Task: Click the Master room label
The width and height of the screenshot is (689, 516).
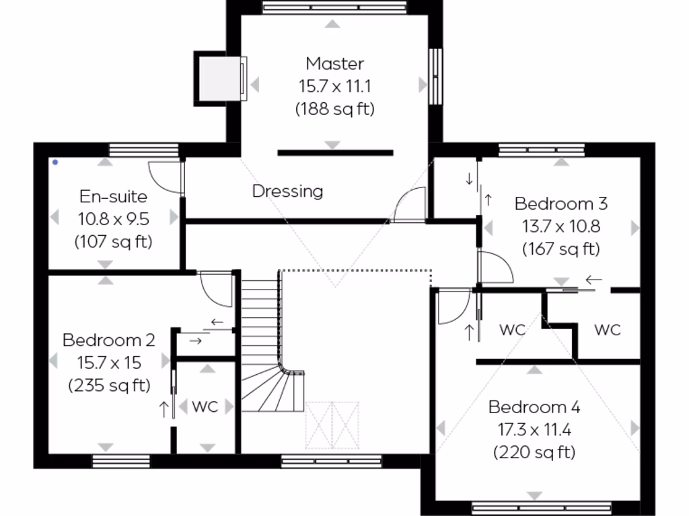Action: [334, 64]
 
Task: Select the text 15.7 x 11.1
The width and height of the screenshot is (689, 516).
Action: [334, 86]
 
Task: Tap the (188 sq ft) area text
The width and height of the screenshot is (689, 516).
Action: [334, 109]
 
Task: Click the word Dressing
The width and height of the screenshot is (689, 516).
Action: [287, 191]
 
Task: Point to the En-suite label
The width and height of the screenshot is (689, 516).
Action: [113, 197]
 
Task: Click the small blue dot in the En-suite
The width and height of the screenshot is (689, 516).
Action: [55, 162]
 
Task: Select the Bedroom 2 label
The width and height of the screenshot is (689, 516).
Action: [108, 340]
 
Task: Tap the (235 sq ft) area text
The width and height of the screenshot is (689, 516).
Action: [108, 386]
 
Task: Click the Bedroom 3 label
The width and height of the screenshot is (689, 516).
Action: [560, 204]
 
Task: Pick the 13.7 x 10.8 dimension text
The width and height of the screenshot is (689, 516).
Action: [560, 226]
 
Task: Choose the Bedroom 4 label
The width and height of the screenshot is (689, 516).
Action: [534, 407]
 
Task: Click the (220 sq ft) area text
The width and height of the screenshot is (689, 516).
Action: [534, 452]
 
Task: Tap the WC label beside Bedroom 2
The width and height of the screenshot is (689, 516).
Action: [205, 406]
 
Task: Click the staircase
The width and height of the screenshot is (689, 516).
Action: [262, 343]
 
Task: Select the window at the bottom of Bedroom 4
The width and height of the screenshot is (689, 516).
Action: [541, 508]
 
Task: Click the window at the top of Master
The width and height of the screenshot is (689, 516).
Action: [334, 8]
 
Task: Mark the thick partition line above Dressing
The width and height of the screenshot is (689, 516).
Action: [334, 153]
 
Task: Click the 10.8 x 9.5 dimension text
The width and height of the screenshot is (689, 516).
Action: [113, 219]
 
